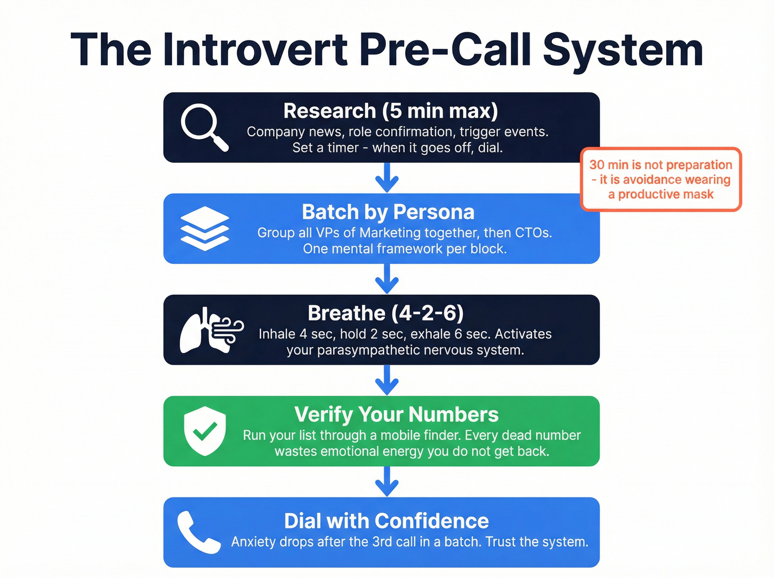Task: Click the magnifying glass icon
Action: point(204,127)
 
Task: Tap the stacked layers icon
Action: point(204,228)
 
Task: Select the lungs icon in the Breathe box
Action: point(211,330)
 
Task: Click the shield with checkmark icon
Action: point(205,431)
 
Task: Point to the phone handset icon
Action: point(198,532)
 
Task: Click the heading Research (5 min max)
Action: point(390,111)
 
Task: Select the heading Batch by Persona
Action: point(388,212)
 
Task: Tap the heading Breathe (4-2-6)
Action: point(385,313)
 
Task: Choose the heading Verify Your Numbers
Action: point(396,414)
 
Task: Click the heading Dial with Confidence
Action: point(386,521)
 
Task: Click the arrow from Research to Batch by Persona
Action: point(387,178)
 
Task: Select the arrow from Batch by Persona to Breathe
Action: point(387,279)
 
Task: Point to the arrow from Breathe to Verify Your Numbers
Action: point(387,380)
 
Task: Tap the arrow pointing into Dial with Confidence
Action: point(387,481)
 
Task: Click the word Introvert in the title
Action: point(255,50)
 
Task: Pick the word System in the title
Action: point(623,50)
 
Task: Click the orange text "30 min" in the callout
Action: point(608,165)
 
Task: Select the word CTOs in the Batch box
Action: point(533,233)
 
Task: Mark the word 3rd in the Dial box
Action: point(381,541)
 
